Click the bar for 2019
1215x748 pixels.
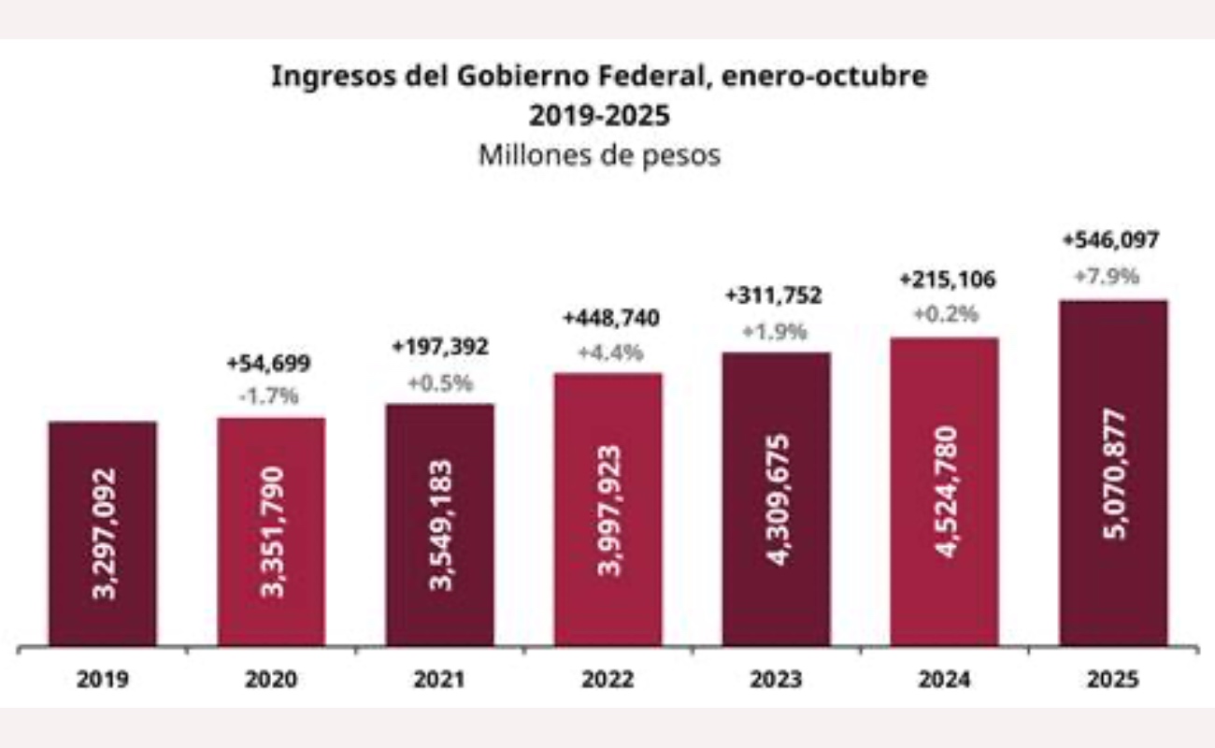coord(103,534)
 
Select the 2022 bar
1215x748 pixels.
coord(607,510)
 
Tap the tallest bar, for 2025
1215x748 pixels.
coord(1112,473)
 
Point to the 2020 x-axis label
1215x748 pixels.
coord(271,680)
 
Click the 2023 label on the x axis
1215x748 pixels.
coord(776,680)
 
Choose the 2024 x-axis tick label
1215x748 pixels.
coord(944,680)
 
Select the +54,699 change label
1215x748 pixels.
coord(270,364)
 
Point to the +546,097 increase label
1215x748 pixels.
coord(1111,240)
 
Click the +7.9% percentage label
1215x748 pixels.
coord(1111,277)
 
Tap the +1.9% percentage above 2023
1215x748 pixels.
coord(775,331)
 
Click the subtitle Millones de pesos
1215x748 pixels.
coord(599,155)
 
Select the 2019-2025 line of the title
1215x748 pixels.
coord(599,116)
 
